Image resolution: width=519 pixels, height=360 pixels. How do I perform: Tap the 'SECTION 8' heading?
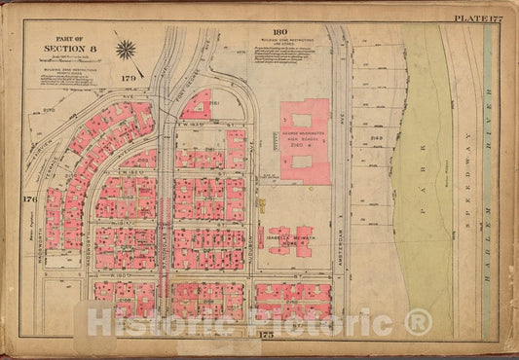(68, 48)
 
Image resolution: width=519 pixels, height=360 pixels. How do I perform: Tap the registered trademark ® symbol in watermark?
(418, 321)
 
